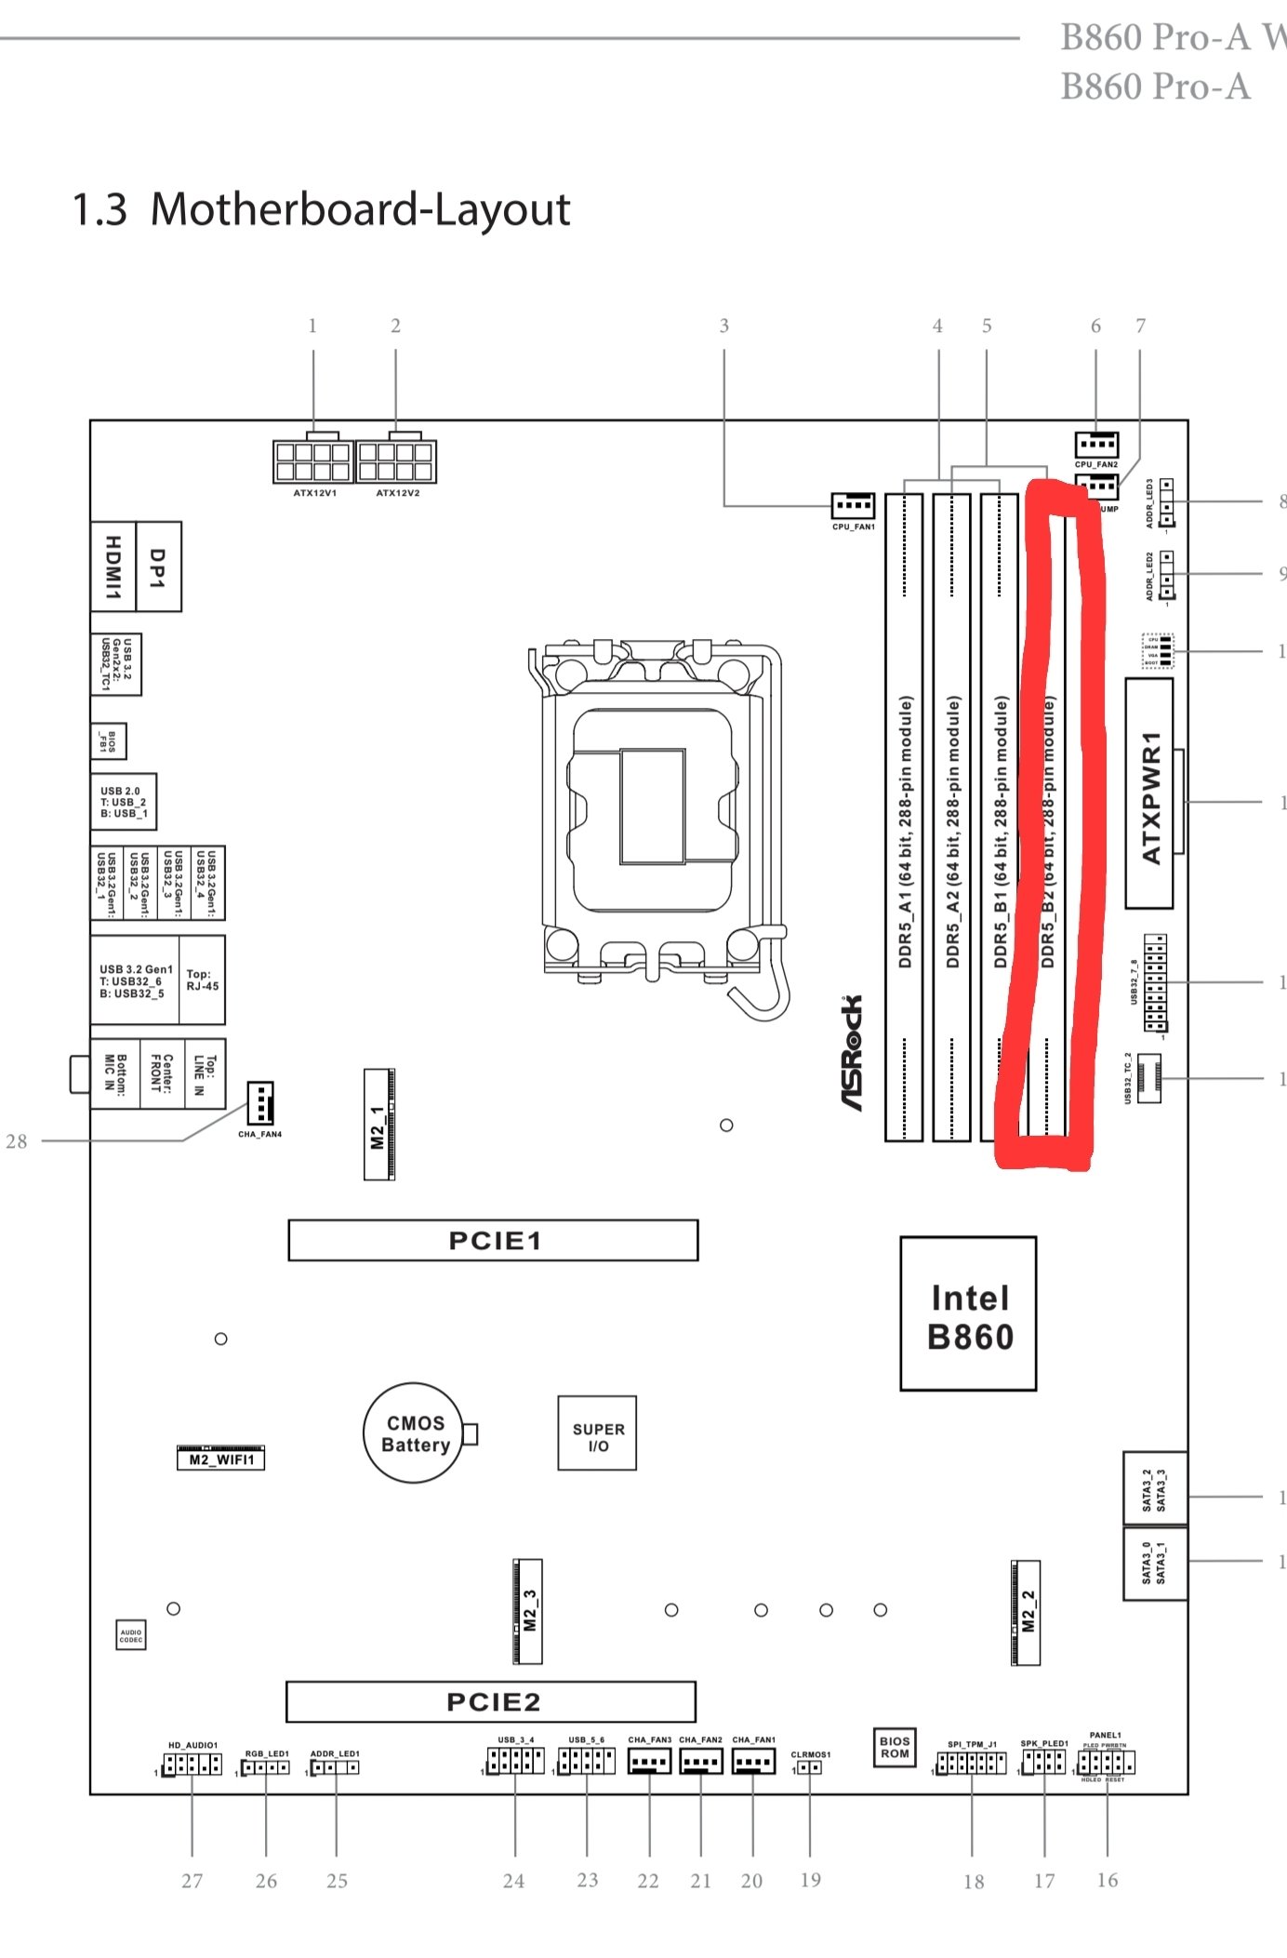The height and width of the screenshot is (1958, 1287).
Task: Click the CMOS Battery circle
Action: click(413, 1433)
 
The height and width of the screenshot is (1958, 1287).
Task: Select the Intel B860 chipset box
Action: click(968, 1313)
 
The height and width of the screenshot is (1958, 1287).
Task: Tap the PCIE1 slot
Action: click(493, 1240)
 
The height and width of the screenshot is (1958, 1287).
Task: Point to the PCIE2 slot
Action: click(491, 1701)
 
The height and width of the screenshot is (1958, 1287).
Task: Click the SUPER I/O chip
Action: click(597, 1432)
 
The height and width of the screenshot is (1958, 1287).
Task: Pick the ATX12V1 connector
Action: click(312, 461)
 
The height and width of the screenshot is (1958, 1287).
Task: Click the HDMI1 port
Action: click(113, 566)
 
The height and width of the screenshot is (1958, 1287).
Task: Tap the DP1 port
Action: click(158, 566)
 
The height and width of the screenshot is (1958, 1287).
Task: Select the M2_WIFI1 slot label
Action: click(221, 1459)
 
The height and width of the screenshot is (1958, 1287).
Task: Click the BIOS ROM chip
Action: click(895, 1747)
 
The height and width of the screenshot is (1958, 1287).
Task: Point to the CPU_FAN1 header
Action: click(853, 506)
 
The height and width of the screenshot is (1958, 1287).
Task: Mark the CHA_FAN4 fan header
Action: click(259, 1103)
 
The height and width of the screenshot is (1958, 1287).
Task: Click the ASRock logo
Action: click(851, 1052)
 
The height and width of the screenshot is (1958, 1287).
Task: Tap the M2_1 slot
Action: click(378, 1125)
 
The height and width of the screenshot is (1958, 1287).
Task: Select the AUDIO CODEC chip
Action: click(131, 1635)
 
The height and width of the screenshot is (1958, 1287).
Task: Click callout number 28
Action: click(17, 1141)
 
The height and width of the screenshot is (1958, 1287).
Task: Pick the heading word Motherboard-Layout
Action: click(360, 209)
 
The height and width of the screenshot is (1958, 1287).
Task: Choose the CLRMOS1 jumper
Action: click(810, 1767)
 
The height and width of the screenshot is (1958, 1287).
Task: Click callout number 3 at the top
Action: click(723, 326)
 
